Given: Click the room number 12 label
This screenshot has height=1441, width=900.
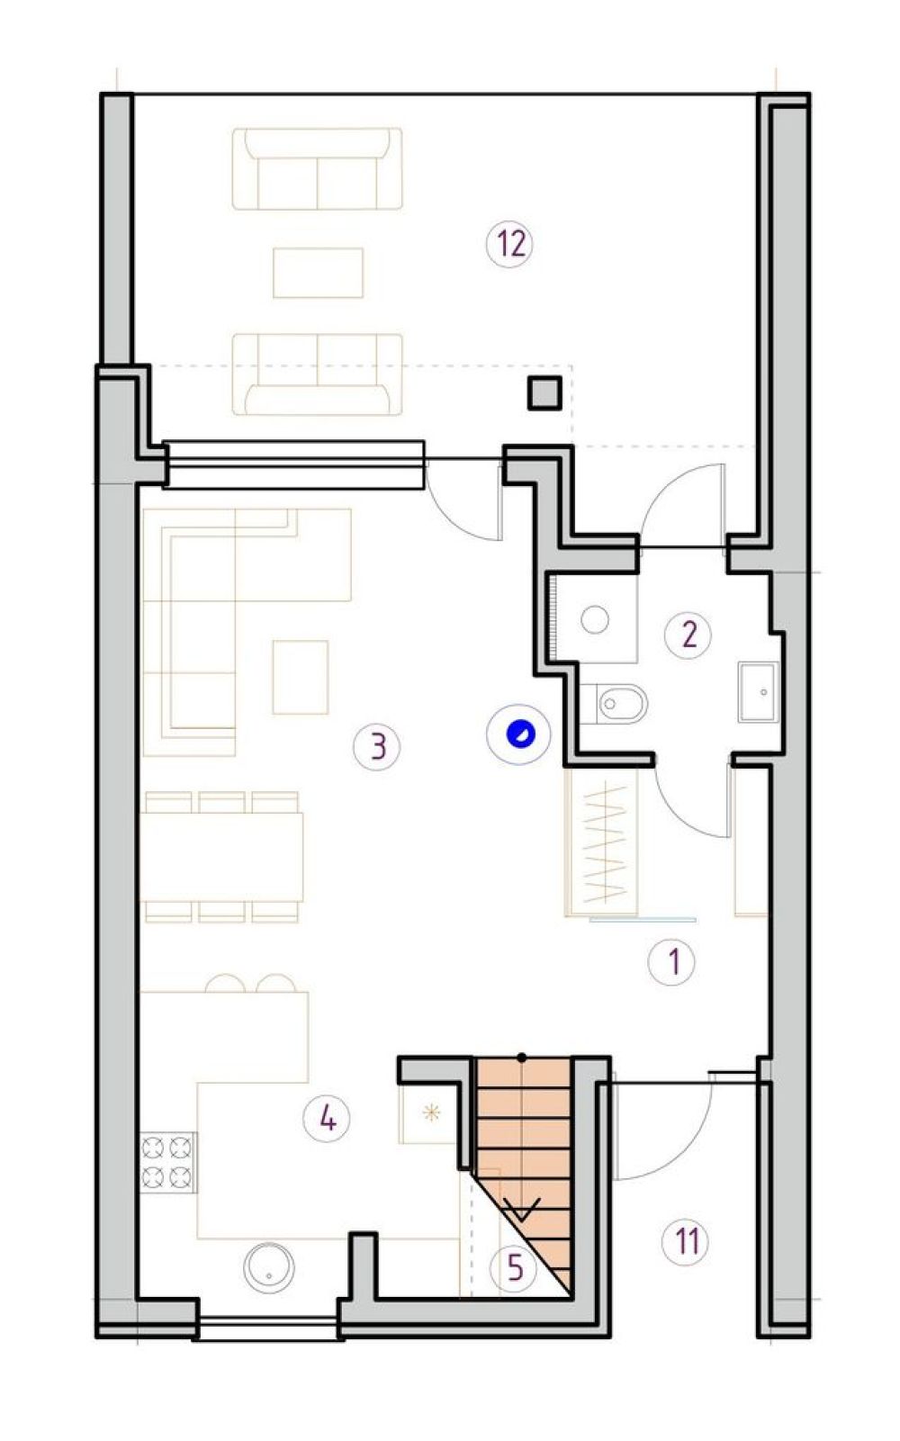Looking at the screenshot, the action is click(x=510, y=245).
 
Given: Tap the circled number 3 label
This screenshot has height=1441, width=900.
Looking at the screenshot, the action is click(x=377, y=748).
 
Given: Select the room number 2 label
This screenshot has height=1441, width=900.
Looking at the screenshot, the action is click(x=688, y=635).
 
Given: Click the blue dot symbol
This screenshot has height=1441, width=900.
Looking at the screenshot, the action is click(x=518, y=734).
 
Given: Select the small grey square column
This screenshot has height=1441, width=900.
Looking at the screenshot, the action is click(x=544, y=393).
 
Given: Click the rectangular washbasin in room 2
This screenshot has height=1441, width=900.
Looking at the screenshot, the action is click(x=759, y=691).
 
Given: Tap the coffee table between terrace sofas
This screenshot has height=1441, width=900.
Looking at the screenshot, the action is click(x=318, y=273).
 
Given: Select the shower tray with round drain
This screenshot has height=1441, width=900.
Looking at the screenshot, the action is click(x=595, y=619).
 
